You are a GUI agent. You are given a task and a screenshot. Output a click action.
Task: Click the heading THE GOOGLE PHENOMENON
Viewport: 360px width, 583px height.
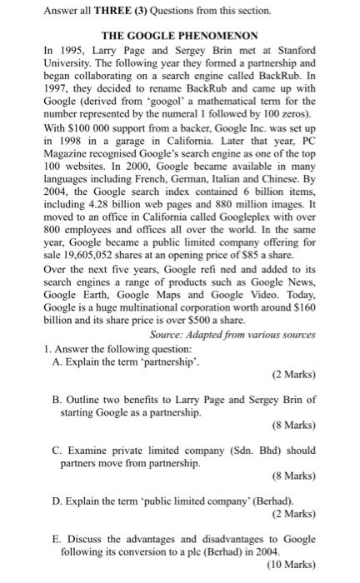179,37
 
